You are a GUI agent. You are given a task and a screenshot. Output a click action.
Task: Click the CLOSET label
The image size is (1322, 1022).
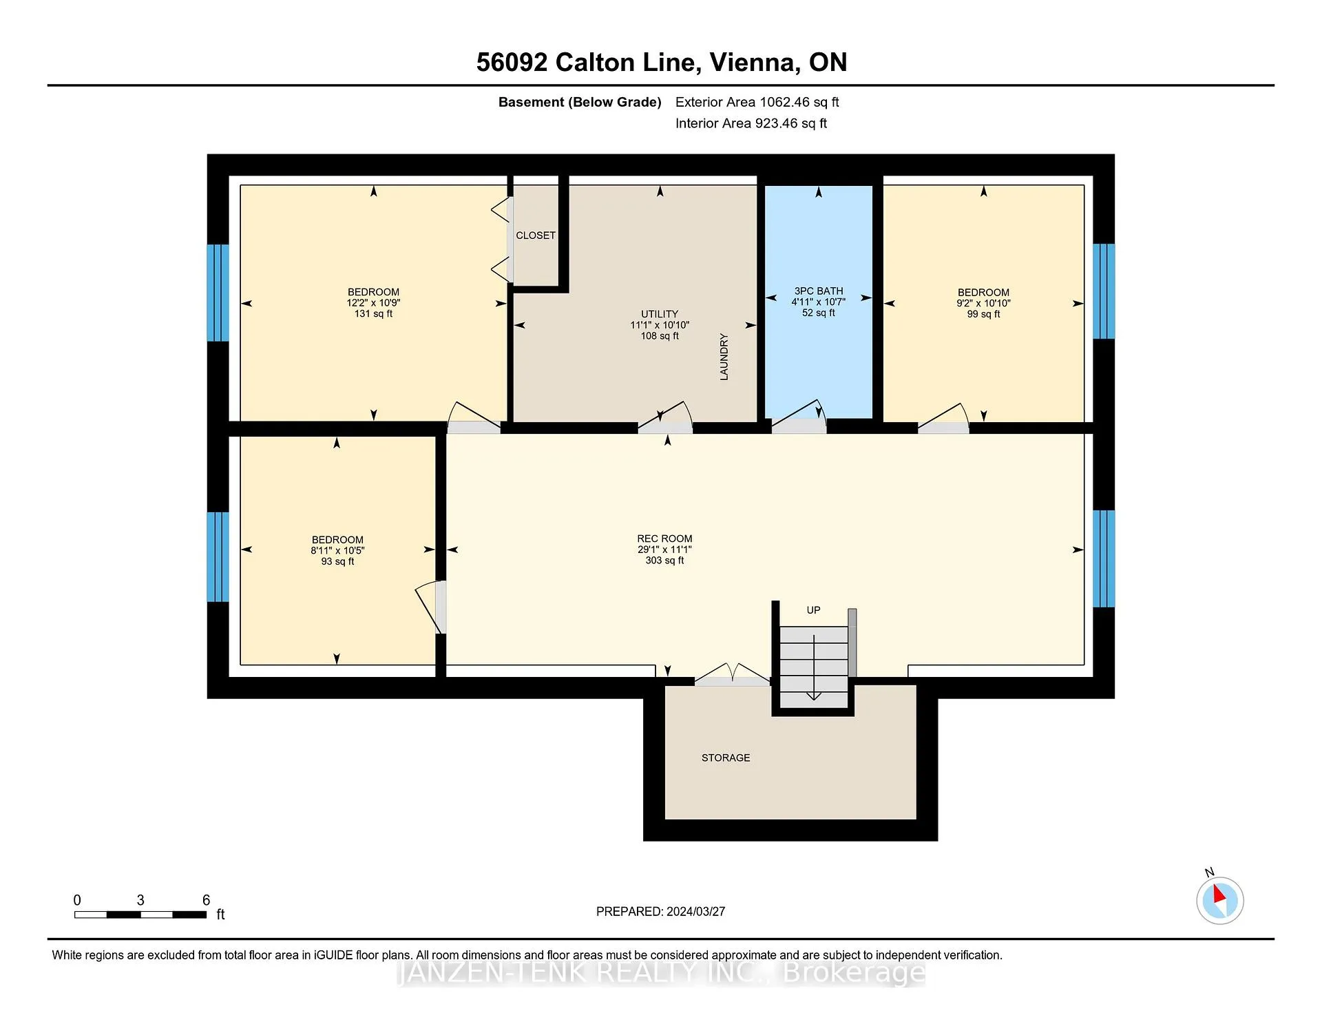pos(536,236)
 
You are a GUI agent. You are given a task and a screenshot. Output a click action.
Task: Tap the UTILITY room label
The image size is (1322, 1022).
pos(660,314)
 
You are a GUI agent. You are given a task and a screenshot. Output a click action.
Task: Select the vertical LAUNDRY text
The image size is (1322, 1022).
pos(724,357)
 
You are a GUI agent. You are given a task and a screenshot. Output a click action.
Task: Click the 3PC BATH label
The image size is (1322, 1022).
pos(819,291)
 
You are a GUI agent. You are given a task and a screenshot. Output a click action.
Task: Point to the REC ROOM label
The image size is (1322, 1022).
pos(664,539)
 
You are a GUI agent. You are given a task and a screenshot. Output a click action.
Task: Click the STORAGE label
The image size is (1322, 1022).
pos(726,758)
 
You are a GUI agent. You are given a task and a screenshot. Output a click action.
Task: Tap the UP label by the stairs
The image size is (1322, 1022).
pos(813,610)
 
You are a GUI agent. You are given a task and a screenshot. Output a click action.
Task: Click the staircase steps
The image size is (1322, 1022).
pos(814,667)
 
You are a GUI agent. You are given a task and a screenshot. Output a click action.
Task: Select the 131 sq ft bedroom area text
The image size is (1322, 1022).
pos(373,314)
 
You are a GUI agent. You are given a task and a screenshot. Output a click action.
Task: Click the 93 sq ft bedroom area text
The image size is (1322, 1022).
pos(337,561)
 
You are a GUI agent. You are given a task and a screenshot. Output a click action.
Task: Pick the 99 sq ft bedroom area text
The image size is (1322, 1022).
pos(983,314)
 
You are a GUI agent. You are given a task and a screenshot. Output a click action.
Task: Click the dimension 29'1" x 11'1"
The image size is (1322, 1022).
pos(664,550)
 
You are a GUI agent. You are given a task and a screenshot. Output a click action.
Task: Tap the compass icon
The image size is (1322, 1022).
pos(1219,899)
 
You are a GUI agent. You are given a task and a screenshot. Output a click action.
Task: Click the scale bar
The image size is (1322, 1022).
pos(140,915)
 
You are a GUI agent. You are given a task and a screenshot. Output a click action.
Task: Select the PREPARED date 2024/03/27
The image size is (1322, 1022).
pos(695,911)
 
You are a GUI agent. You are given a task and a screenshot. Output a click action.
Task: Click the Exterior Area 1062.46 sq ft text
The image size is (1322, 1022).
pos(757,102)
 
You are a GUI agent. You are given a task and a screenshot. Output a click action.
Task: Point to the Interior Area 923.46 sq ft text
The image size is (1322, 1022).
pos(751,123)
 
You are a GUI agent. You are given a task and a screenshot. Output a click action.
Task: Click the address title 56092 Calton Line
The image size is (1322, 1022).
pos(589,62)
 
